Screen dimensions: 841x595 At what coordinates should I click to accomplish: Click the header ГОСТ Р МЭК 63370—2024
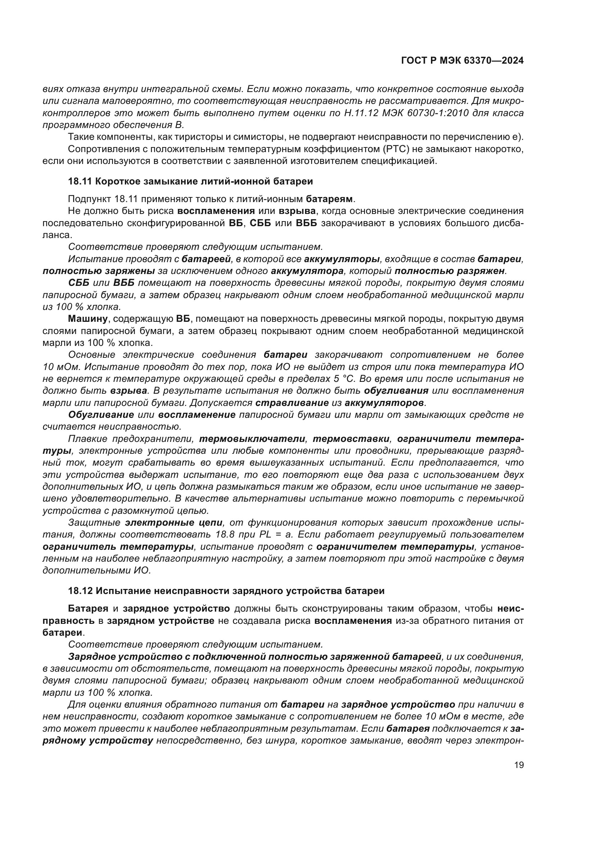click(x=462, y=61)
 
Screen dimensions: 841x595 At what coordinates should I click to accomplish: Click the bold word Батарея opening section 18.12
click(x=88, y=609)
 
